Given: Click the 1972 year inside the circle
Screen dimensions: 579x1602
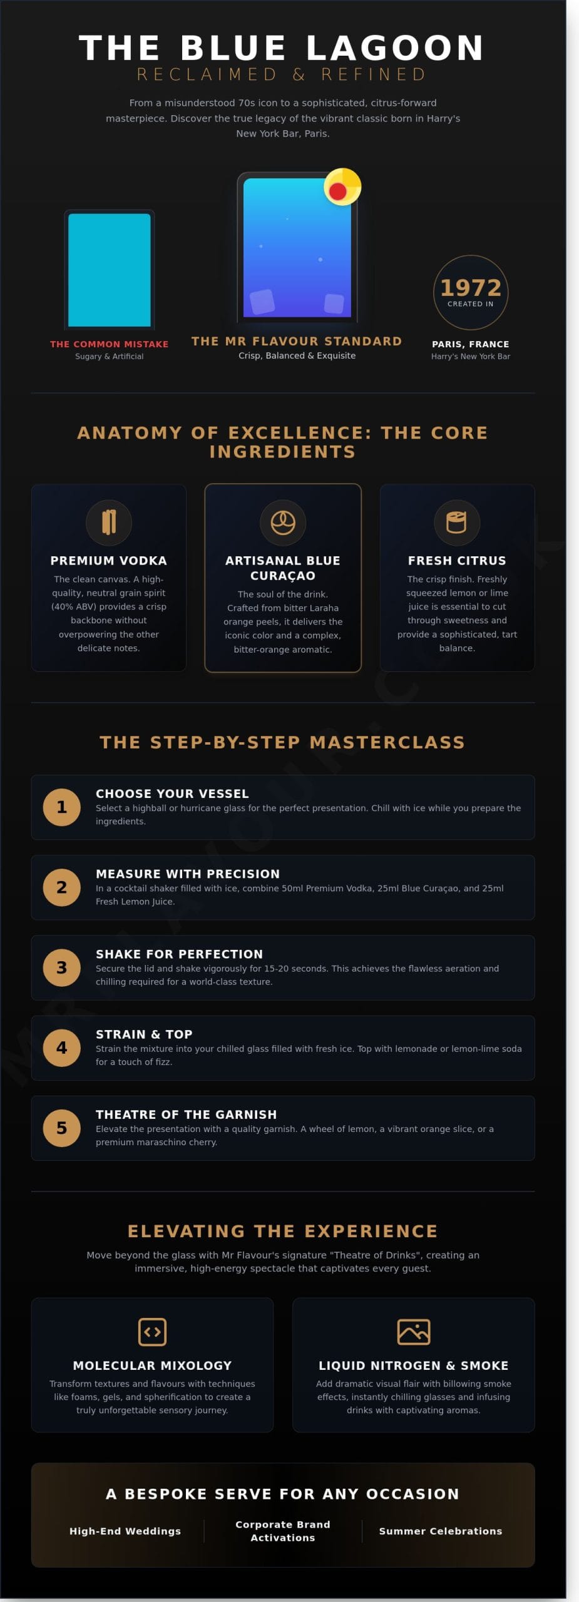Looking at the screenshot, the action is pos(471,288).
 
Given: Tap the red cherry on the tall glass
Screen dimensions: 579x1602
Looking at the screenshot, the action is pos(338,191).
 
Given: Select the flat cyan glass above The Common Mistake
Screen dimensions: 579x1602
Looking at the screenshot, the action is pos(110,270).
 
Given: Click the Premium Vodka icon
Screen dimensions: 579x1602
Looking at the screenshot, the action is pos(109,522).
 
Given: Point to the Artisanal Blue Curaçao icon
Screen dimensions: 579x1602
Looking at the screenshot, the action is pos(283,522).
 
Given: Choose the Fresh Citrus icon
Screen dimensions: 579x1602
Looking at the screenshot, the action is pos(457,522).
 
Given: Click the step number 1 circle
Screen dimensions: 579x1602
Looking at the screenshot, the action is pos(61,807).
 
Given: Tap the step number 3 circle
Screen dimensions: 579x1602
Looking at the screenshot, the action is pos(61,967).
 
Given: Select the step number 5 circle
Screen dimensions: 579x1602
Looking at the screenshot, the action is pos(61,1128).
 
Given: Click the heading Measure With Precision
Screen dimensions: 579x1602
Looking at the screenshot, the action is pos(188,874).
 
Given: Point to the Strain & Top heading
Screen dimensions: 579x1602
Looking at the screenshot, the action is pos(144,1034).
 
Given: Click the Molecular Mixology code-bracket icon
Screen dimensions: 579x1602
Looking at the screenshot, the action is pos(152,1331).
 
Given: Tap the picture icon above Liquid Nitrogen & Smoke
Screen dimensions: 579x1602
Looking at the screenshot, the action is pos(414,1331).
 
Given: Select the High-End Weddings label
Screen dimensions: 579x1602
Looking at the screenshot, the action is pos(125,1531).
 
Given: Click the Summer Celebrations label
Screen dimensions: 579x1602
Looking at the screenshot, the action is pos(441,1531).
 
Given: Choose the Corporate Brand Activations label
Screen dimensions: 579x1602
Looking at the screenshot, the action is pos(283,1531).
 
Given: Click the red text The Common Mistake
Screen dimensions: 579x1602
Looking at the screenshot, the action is pos(110,344).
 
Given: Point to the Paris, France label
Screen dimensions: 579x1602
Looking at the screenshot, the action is pos(471,344).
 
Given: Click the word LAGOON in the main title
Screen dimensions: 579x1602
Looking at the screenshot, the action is pos(396,48).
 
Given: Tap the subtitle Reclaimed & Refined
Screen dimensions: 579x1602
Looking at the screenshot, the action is pos(282,74).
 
